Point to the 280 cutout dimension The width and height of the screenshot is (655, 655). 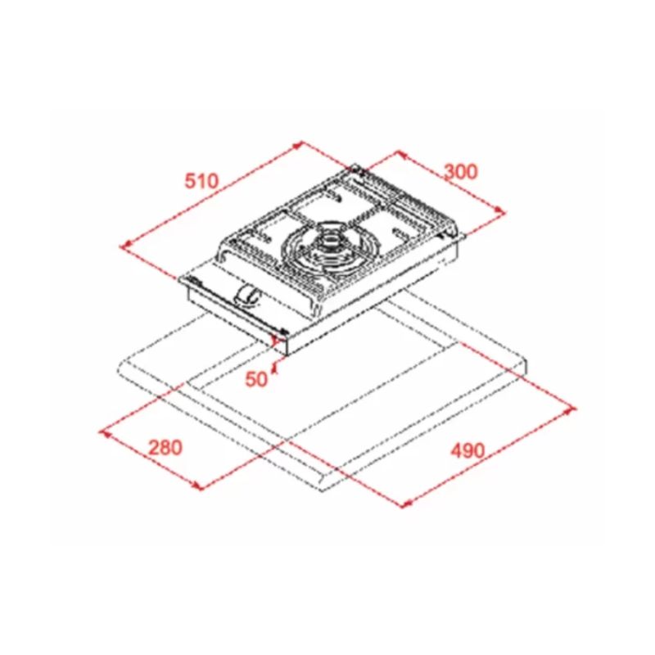[165, 448]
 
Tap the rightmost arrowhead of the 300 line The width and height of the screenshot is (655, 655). [503, 211]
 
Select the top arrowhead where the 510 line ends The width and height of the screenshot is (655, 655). [300, 143]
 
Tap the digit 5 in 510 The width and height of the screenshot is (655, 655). [189, 181]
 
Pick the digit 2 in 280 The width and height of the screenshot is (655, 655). [154, 448]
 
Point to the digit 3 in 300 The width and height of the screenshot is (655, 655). [449, 171]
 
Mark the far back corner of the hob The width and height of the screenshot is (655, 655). [358, 168]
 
